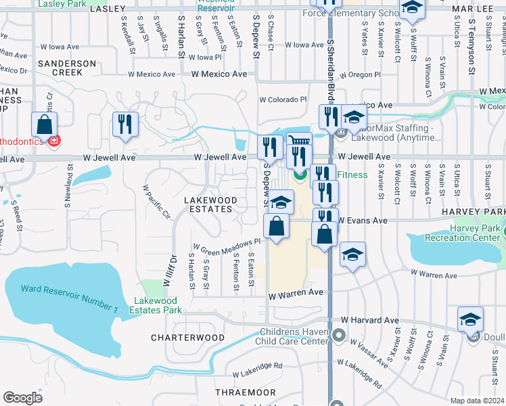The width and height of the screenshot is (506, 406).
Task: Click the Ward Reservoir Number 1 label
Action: click(69, 298)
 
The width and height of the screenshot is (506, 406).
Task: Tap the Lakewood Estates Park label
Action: click(158, 305)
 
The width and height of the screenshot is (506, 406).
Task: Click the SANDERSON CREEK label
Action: click(67, 68)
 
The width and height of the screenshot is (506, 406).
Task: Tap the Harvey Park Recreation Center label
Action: click(463, 233)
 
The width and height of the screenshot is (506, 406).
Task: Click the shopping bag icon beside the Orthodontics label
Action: click(44, 125)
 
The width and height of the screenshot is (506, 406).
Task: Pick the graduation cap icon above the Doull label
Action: click(470, 319)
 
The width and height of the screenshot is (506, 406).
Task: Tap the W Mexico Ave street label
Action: click(219, 74)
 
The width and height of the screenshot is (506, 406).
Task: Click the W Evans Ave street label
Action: click(362, 221)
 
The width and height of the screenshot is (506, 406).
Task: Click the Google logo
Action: click(23, 398)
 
